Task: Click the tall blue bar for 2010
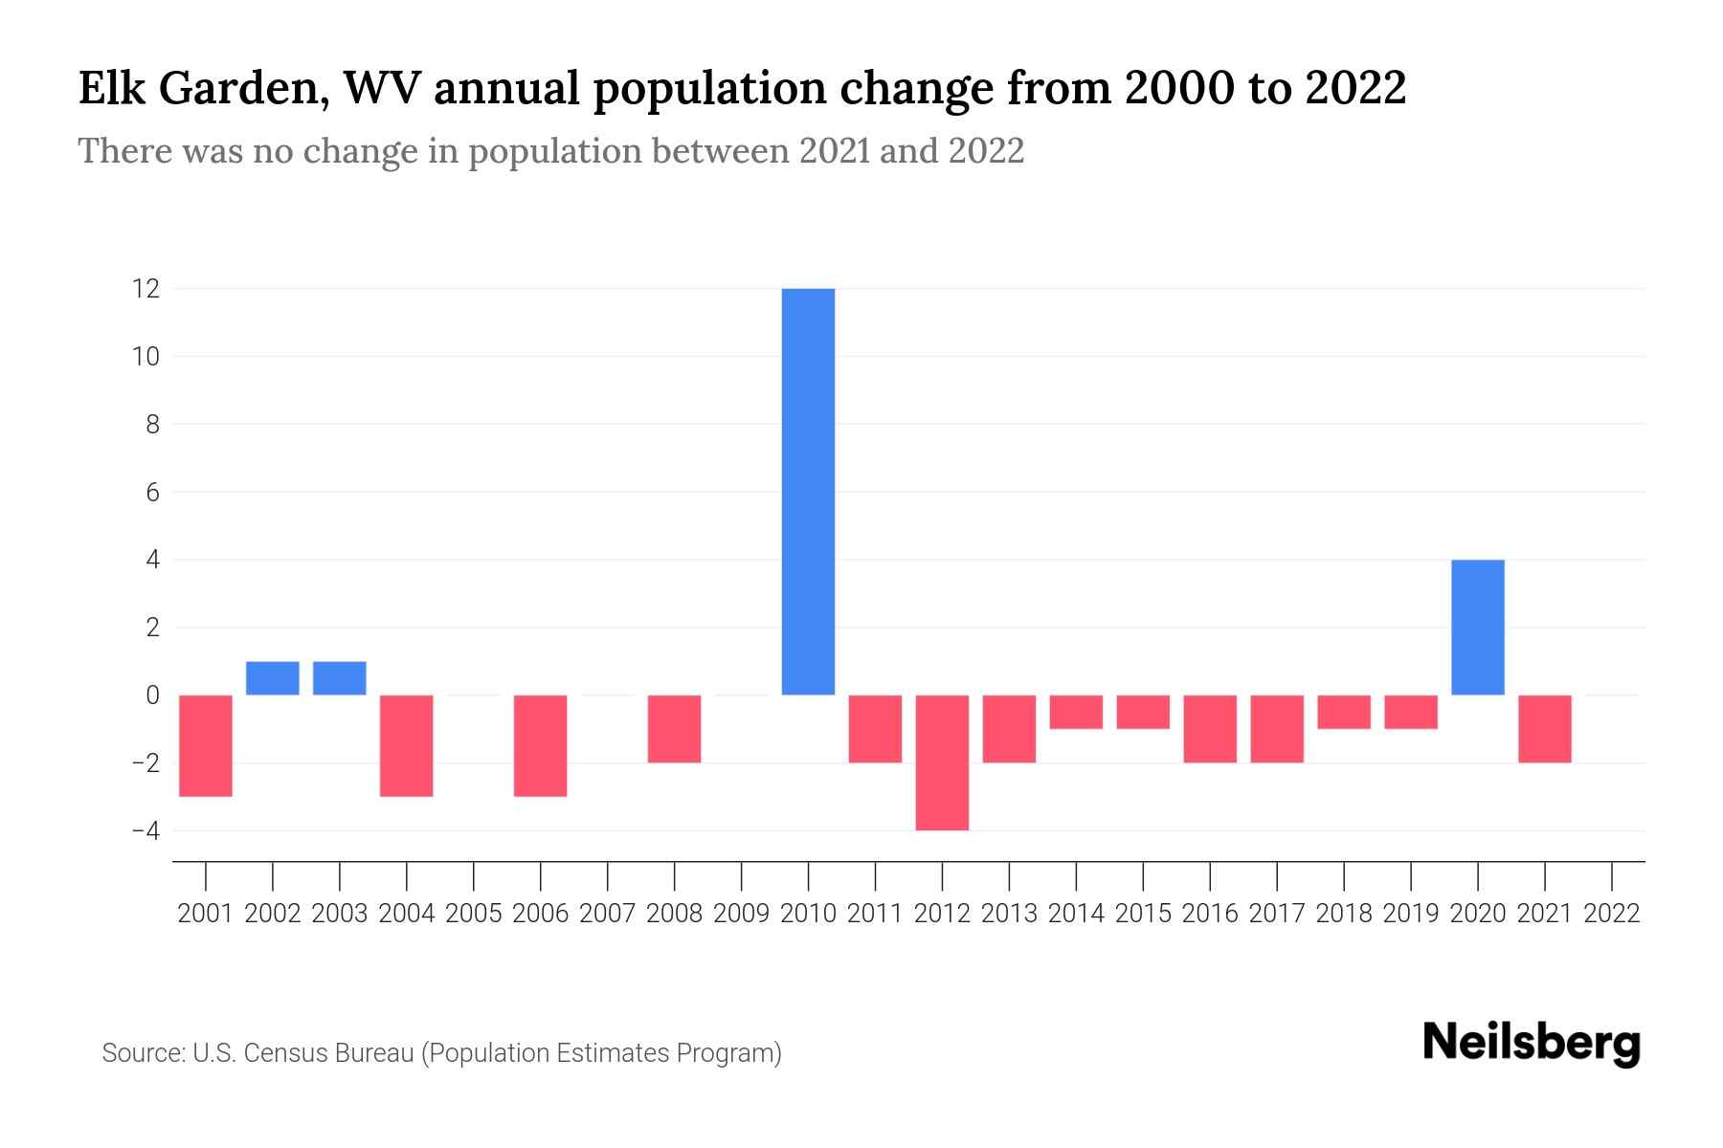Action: tap(808, 492)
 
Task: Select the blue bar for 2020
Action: tap(1477, 628)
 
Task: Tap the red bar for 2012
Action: tap(942, 762)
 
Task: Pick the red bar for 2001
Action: tap(206, 745)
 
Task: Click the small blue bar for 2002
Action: tap(273, 678)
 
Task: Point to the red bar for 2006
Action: tap(541, 745)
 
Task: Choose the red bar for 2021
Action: tap(1544, 729)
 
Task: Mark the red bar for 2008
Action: tap(674, 729)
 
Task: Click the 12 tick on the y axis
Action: tap(145, 289)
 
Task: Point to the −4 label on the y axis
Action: tap(145, 831)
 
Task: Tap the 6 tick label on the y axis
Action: tap(152, 493)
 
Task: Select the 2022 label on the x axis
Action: tap(1612, 914)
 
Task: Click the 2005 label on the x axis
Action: tap(474, 914)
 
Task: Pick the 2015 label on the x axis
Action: tap(1143, 914)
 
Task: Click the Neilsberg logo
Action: tap(1532, 1045)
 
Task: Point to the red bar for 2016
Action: tap(1210, 729)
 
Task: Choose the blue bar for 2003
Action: tap(340, 678)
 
